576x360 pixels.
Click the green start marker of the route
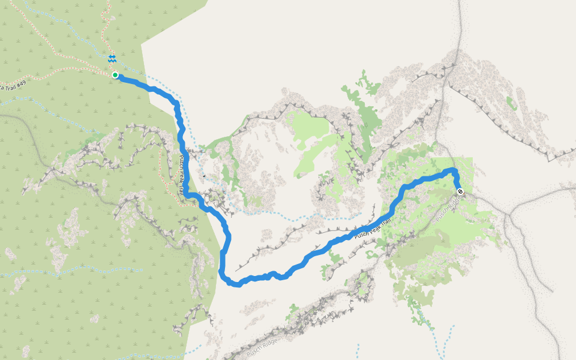click(115, 75)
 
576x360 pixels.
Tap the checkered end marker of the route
click(460, 191)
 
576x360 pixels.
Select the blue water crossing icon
click(112, 59)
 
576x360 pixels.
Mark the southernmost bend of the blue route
click(237, 284)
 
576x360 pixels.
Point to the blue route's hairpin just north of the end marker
click(454, 172)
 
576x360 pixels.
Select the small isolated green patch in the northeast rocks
click(511, 103)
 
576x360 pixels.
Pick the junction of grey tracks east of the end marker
click(508, 214)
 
